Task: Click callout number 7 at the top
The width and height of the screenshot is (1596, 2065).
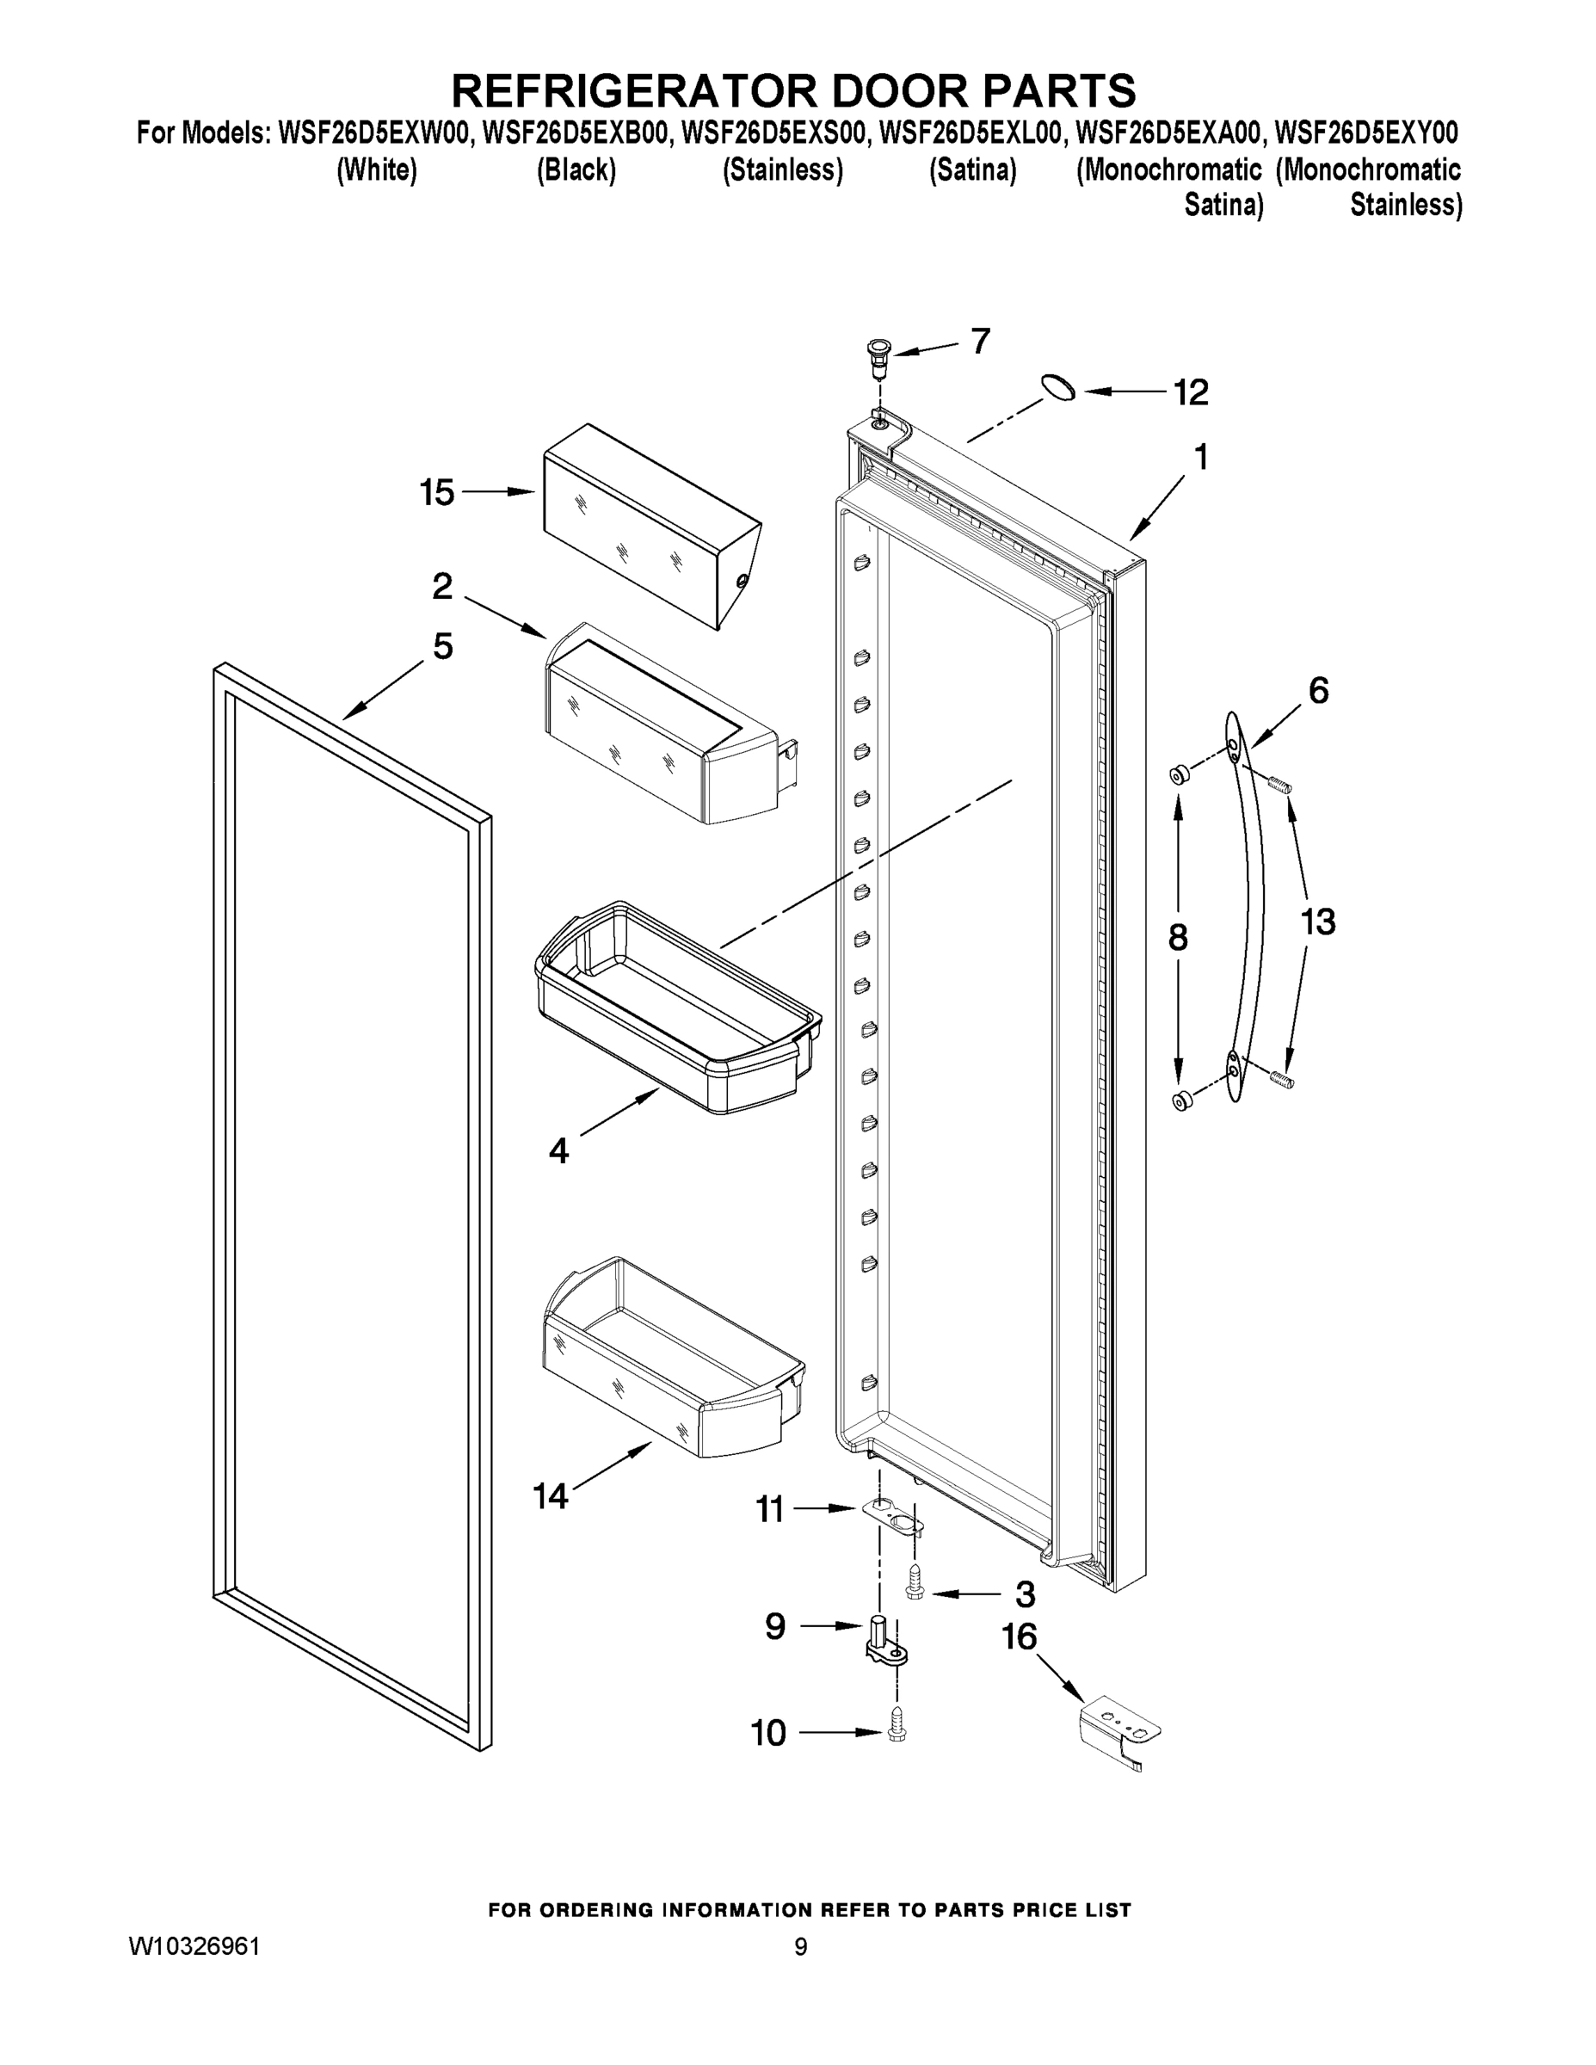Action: coord(981,342)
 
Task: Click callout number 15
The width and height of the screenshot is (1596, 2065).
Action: coord(437,493)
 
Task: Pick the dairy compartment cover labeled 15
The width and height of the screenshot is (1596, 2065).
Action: coord(650,525)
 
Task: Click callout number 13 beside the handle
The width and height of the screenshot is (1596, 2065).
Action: coord(1317,921)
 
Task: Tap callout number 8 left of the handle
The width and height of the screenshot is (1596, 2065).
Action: coord(1177,937)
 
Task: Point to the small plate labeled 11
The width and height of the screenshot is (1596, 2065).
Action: coord(893,1516)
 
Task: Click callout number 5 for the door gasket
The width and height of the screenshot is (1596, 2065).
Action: coord(442,647)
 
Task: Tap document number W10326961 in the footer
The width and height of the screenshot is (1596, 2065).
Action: coord(194,1947)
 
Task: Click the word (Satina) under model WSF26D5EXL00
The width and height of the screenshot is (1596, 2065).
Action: coord(973,170)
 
